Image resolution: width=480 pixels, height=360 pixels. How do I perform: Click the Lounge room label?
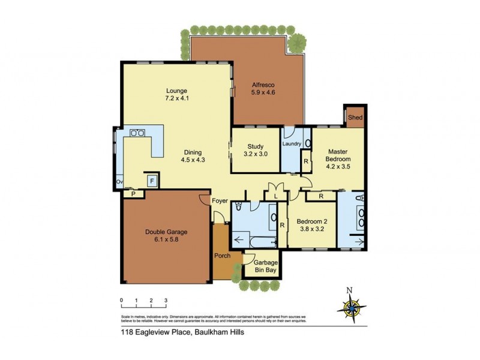177,91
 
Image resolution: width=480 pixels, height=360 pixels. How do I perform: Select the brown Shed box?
355,118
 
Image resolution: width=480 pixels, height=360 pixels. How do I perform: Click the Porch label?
222,256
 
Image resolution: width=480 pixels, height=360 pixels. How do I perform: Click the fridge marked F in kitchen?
152,179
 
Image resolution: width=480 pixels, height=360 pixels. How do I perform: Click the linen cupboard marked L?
275,196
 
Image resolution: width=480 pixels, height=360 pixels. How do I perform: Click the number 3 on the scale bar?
166,301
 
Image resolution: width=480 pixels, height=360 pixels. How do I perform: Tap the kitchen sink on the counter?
136,133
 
